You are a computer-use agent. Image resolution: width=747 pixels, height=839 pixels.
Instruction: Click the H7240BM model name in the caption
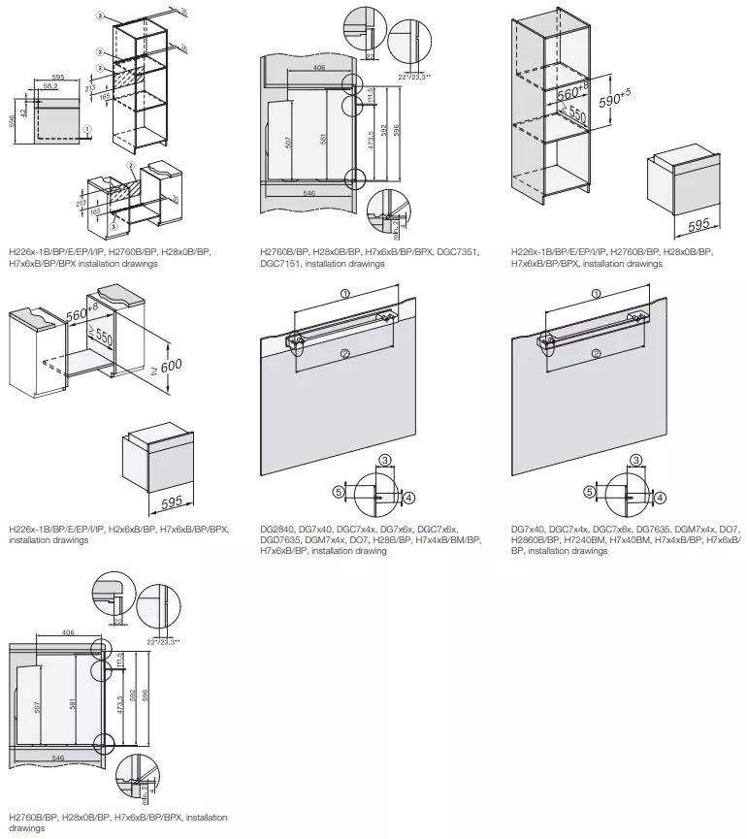pos(607,539)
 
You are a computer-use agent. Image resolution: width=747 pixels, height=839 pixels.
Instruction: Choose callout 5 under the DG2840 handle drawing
pos(339,492)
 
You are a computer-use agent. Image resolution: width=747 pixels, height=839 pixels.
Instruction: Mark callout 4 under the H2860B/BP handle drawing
pos(660,498)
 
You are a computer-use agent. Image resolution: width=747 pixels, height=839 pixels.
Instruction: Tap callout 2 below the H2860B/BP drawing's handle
pos(596,353)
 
